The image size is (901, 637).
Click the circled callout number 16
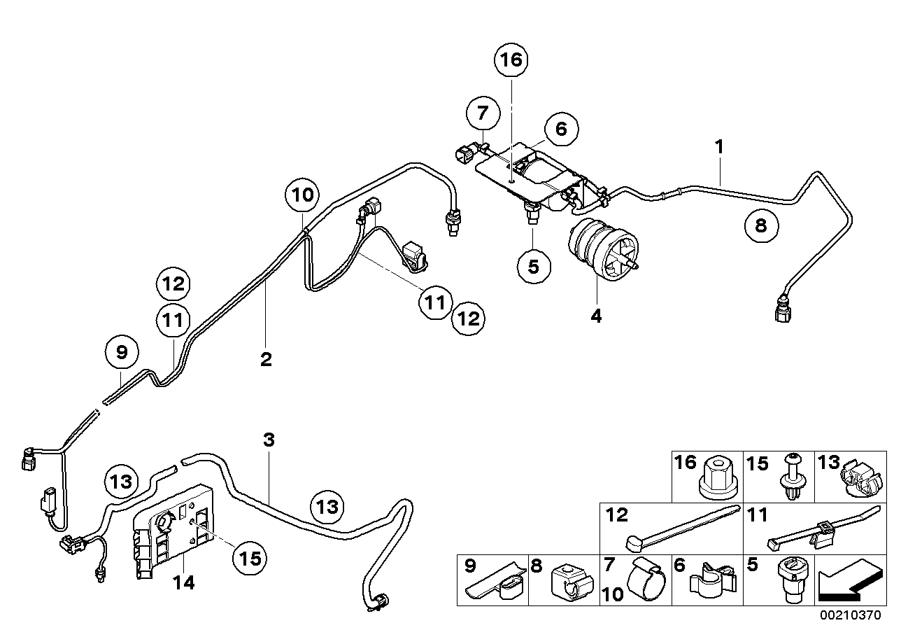coord(511,60)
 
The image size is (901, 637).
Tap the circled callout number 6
coord(561,129)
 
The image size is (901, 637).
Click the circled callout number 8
coord(761,225)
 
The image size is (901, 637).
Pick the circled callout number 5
coord(534,267)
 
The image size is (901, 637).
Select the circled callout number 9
coord(122,353)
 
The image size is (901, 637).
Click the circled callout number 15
coord(250,557)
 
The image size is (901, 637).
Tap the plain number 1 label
coord(719,148)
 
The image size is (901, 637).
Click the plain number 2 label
coord(266,360)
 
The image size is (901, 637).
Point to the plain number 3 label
coord(269,440)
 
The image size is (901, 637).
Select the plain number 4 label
coord(595,316)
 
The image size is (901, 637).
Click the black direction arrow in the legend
coord(849,582)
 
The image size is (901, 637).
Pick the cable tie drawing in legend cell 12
coord(679,531)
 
